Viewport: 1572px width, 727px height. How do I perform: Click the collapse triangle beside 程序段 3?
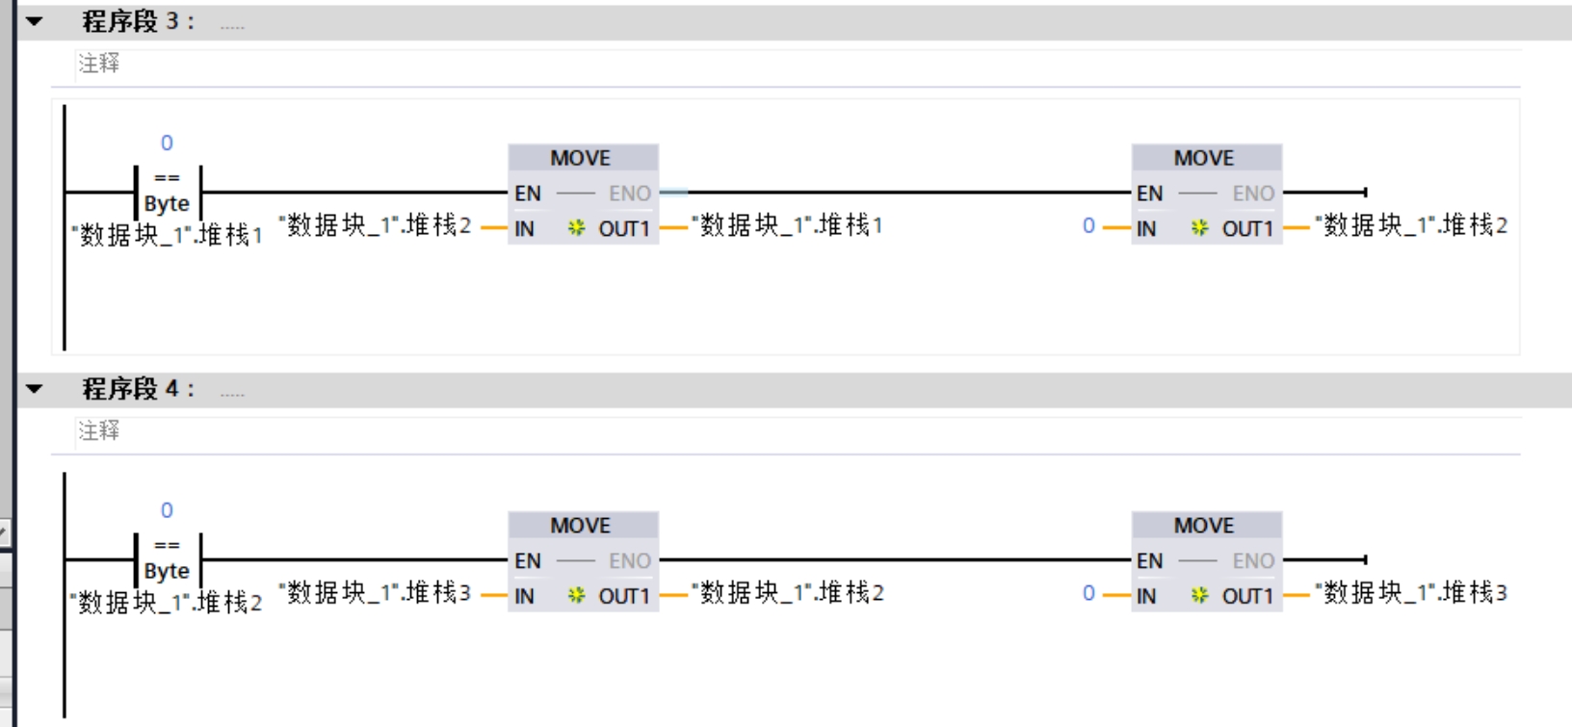tap(35, 21)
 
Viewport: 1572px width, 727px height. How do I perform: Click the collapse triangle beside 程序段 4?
tap(35, 389)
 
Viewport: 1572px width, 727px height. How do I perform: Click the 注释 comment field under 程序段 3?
tap(99, 64)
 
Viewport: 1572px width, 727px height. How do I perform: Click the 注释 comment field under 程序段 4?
tap(99, 430)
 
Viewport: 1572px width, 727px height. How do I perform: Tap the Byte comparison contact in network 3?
tap(167, 192)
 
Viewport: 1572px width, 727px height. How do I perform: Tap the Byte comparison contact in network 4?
tap(167, 559)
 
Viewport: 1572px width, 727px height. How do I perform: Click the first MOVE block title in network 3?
tap(580, 158)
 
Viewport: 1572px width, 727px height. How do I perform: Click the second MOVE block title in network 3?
tap(1203, 158)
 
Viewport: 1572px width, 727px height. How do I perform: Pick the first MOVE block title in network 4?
tap(580, 526)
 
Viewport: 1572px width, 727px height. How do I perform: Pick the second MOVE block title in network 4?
tap(1203, 526)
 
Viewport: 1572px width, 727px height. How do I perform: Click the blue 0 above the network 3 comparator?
tap(167, 143)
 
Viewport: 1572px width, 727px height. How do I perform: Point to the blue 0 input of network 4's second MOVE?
tap(1088, 593)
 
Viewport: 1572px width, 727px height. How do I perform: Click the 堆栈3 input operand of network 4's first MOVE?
tap(375, 592)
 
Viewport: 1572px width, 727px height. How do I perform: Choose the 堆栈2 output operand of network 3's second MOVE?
tap(1410, 225)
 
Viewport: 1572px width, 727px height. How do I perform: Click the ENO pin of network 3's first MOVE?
tap(629, 194)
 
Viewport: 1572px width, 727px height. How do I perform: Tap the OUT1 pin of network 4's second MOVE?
tap(1247, 596)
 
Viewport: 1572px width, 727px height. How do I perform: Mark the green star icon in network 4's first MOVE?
tap(576, 595)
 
